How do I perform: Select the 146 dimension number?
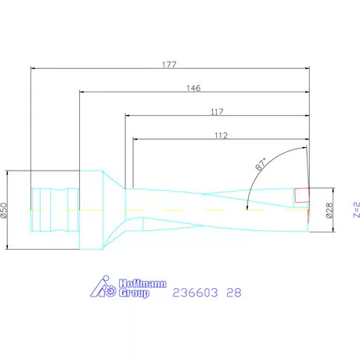(x=196, y=88)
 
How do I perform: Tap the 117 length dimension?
(x=220, y=112)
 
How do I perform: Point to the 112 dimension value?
(x=220, y=135)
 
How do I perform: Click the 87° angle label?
(x=261, y=164)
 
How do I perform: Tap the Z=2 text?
(x=355, y=210)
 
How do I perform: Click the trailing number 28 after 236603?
(x=233, y=293)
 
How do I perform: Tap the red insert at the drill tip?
(x=302, y=193)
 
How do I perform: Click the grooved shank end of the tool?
(x=55, y=209)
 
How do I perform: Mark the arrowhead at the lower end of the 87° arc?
(x=247, y=207)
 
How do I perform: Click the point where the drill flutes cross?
(x=208, y=209)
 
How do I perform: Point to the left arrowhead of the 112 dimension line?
(x=136, y=141)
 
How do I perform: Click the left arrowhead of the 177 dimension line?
(x=33, y=69)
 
